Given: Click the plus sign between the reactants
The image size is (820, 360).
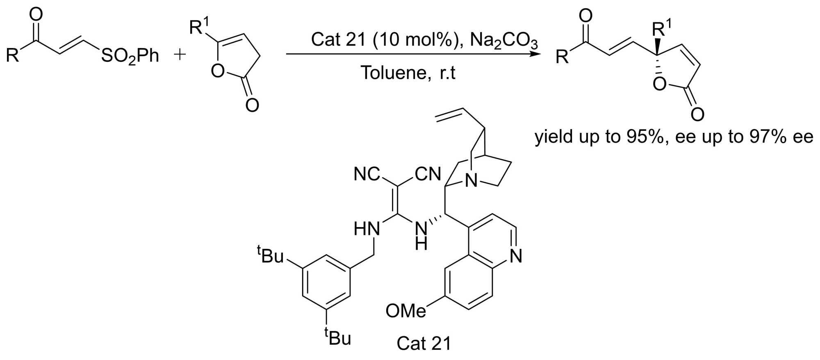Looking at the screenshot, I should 180,55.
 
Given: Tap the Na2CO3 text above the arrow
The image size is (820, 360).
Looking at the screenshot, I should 504,40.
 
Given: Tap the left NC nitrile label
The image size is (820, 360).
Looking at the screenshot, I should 367,174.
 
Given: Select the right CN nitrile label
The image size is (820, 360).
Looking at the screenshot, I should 428,174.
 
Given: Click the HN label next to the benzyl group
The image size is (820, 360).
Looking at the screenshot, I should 367,229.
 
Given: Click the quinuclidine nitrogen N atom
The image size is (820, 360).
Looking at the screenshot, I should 472,181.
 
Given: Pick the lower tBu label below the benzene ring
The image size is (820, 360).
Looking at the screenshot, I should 338,337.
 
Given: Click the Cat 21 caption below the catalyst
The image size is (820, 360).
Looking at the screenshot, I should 424,344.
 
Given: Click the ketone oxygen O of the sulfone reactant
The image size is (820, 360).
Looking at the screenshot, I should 36,15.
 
